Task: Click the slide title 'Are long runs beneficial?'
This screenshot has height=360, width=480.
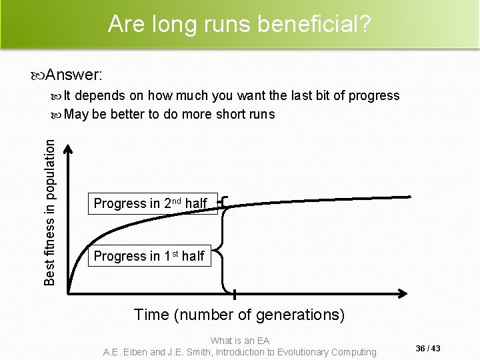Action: [x=240, y=25]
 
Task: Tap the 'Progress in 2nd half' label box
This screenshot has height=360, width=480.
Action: [x=151, y=203]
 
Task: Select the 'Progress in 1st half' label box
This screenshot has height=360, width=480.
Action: [x=149, y=255]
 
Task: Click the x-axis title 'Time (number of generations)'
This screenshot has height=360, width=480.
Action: [x=239, y=314]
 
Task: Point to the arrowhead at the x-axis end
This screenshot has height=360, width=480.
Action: [x=404, y=292]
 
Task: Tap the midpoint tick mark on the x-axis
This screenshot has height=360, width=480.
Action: [x=234, y=293]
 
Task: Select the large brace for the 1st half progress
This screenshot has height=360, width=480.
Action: [x=227, y=251]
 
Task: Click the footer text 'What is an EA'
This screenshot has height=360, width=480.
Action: [x=240, y=340]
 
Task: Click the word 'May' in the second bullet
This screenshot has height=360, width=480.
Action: [x=77, y=113]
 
